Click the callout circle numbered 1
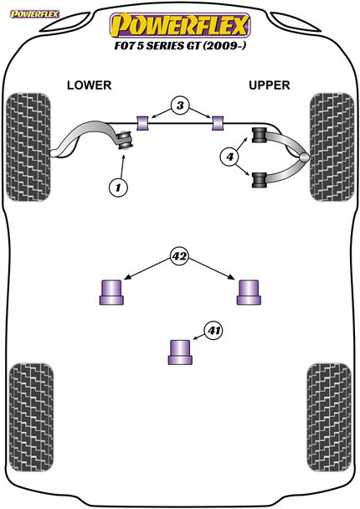click(118, 188)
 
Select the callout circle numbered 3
click(180, 105)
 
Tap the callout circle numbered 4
click(230, 157)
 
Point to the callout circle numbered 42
click(179, 256)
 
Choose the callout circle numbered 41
click(213, 331)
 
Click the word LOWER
click(90, 85)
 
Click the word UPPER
click(269, 85)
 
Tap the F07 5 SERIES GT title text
click(180, 45)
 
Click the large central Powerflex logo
click(180, 25)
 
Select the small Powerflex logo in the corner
click(34, 14)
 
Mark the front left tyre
click(28, 147)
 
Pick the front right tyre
click(332, 147)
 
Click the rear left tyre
click(32, 418)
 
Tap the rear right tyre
click(329, 418)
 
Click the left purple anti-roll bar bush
click(141, 123)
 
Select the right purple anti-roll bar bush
click(218, 123)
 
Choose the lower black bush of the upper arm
click(259, 180)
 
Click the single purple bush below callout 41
click(180, 352)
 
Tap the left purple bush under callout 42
click(111, 292)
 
